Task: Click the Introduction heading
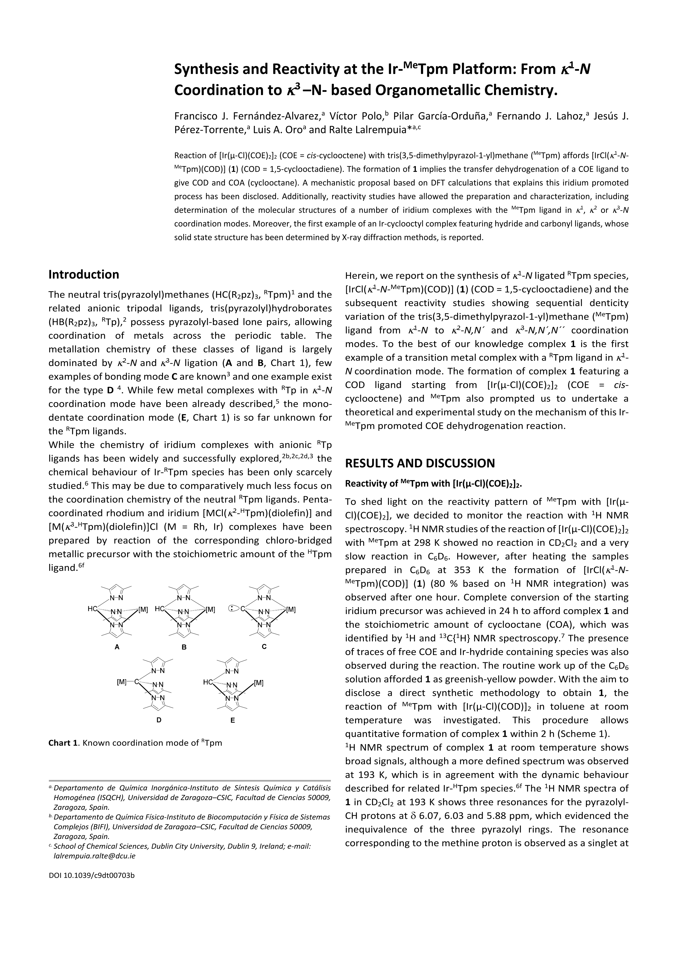pyautogui.click(x=84, y=274)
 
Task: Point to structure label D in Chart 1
pyautogui.click(x=159, y=720)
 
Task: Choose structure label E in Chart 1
pyautogui.click(x=233, y=720)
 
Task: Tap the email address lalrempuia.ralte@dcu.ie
pyautogui.click(x=95, y=856)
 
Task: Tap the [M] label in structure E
pyautogui.click(x=259, y=683)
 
